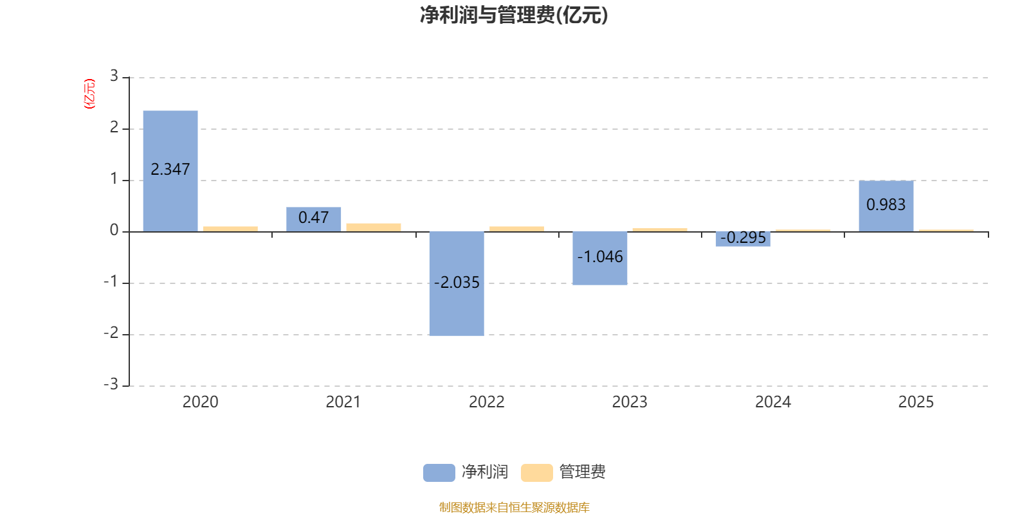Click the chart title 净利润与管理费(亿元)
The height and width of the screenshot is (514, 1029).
point(514,15)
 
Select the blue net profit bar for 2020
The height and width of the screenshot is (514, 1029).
point(170,171)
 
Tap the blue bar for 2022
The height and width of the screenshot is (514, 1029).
point(457,283)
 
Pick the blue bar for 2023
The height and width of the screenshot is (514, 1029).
point(599,258)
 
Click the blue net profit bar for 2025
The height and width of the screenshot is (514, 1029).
point(886,206)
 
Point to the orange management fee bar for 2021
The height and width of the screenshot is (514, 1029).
point(374,227)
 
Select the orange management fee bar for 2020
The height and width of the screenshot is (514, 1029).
point(230,229)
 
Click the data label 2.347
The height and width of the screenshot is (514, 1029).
point(170,170)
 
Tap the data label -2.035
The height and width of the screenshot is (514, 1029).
point(457,282)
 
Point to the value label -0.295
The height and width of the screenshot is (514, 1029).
point(743,237)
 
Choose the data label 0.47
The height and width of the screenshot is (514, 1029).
point(313,217)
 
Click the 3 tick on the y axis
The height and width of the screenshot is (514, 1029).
point(114,76)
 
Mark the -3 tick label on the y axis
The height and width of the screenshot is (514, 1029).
point(111,384)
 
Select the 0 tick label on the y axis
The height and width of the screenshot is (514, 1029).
point(114,230)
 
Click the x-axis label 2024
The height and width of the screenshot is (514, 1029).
point(773,402)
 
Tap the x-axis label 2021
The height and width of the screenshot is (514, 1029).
point(343,402)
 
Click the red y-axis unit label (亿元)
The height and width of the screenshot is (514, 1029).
point(89,94)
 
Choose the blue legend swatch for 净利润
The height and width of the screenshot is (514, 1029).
point(439,473)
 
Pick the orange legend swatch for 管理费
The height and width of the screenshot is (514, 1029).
point(536,473)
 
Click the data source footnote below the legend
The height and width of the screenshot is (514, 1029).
point(514,507)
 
